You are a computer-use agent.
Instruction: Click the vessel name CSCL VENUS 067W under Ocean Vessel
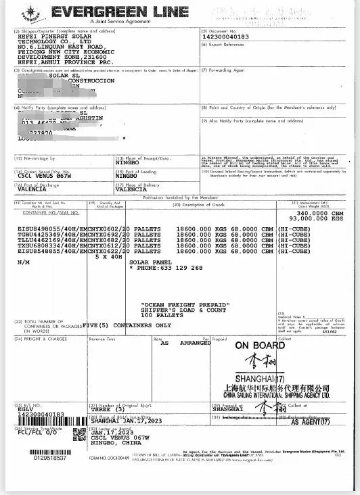pyautogui.click(x=45, y=174)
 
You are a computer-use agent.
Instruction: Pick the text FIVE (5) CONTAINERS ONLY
pyautogui.click(x=129, y=325)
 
